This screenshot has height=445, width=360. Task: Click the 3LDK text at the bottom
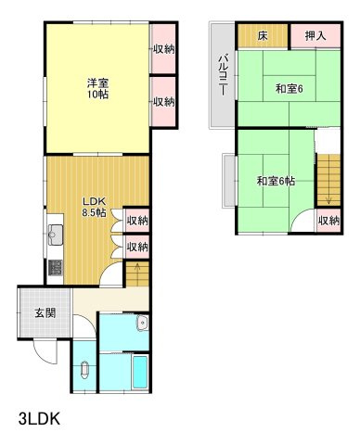tap(39, 418)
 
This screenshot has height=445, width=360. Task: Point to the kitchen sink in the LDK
tap(55, 234)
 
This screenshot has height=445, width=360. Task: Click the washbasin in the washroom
tap(141, 324)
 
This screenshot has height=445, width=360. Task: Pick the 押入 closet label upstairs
tap(315, 35)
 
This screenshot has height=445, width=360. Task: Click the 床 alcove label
tap(263, 35)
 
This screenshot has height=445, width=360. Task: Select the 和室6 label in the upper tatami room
tap(289, 89)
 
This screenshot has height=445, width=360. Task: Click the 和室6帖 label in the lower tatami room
tap(276, 181)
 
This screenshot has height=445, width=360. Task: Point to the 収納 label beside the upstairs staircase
tap(328, 221)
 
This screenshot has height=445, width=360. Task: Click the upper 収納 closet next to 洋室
tap(163, 49)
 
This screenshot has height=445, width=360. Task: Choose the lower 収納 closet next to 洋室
tap(163, 102)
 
